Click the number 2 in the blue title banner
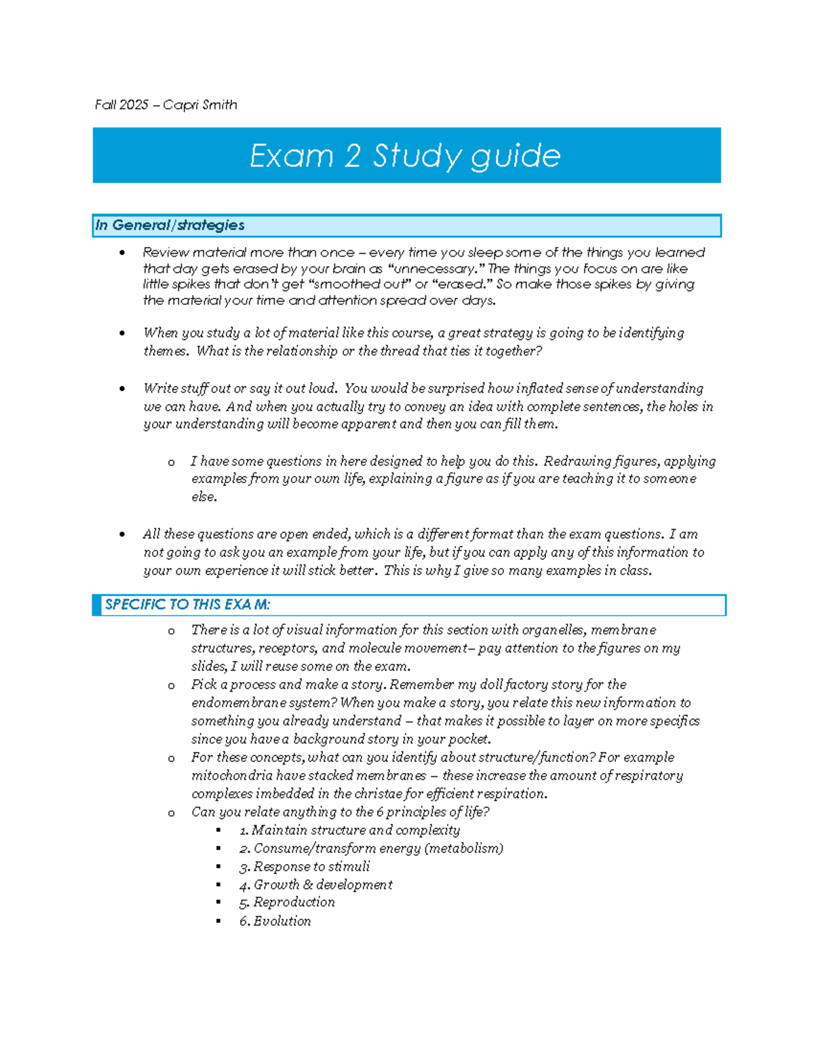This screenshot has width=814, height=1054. [351, 155]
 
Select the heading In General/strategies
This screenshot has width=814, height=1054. [170, 225]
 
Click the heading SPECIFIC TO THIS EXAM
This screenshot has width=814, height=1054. [187, 605]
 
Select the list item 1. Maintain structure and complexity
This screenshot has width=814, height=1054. [349, 830]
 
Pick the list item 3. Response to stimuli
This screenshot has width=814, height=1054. [305, 867]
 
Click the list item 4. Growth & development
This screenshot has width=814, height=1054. [315, 885]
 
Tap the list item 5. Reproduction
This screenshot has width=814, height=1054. [287, 903]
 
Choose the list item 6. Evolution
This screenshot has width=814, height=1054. [275, 921]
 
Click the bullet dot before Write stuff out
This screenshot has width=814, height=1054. [122, 389]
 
